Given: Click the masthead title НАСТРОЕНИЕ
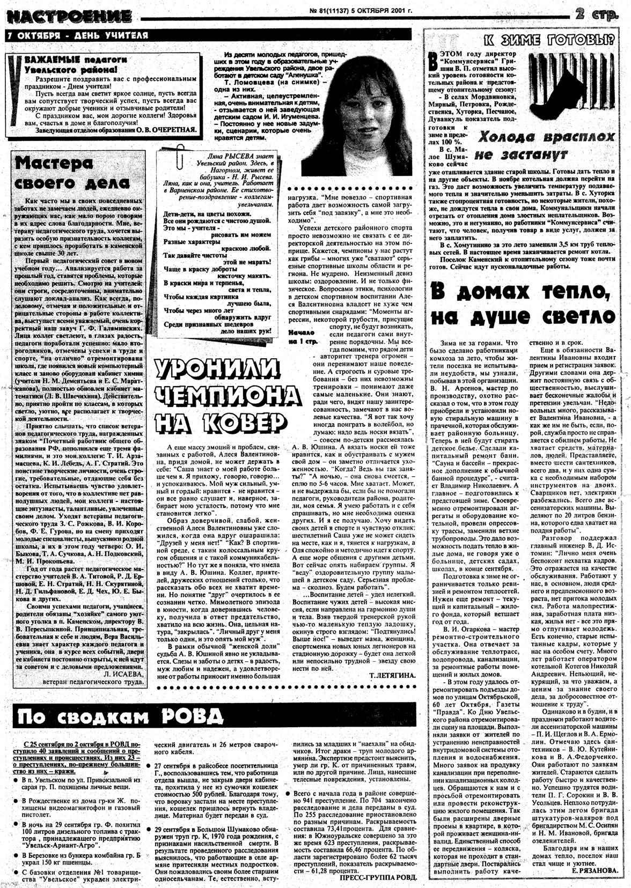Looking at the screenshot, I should point(68,17).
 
